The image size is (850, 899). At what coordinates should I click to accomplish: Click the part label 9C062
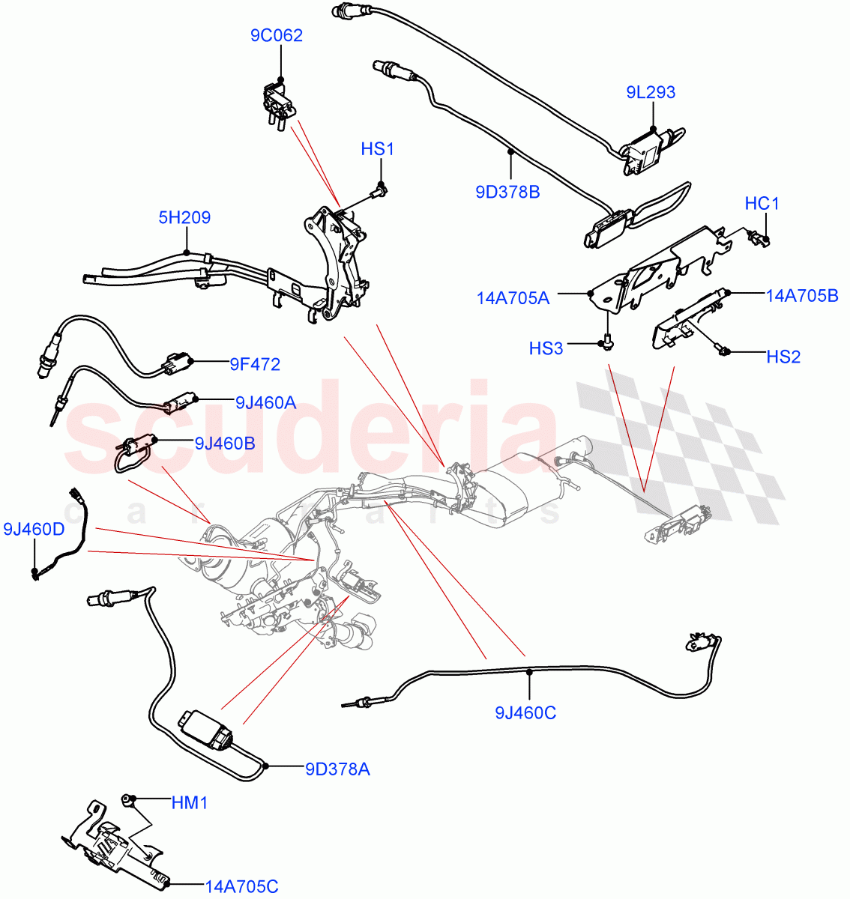(277, 35)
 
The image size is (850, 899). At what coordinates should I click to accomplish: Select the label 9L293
(651, 92)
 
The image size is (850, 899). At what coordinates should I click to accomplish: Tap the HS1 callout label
(377, 149)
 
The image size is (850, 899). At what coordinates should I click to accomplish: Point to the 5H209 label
(184, 217)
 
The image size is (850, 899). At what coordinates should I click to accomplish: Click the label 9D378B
(507, 192)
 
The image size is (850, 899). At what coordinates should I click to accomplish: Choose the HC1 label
(762, 203)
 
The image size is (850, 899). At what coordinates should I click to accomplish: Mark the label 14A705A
(513, 298)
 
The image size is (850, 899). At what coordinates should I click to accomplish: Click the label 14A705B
(801, 296)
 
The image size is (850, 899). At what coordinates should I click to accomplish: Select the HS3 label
(546, 348)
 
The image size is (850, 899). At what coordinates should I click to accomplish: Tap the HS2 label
(783, 357)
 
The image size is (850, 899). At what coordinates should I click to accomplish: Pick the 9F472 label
(255, 364)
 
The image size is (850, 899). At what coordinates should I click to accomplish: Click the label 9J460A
(265, 402)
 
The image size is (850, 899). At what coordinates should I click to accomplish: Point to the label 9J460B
(224, 443)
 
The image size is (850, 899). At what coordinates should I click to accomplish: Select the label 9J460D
(34, 530)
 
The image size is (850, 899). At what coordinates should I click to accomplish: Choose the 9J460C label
(525, 712)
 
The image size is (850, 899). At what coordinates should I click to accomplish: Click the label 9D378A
(337, 769)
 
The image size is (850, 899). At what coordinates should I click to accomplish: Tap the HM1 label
(190, 803)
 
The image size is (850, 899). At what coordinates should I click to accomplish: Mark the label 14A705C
(241, 887)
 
